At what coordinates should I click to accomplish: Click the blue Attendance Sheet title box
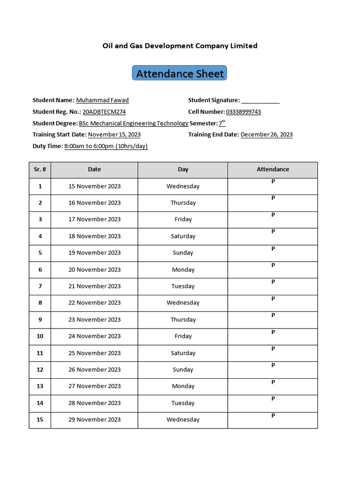click(180, 74)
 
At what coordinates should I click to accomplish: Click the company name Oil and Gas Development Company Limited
click(180, 45)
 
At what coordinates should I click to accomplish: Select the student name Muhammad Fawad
click(102, 100)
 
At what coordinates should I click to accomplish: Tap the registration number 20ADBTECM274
click(104, 112)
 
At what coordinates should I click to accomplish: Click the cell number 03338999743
click(243, 112)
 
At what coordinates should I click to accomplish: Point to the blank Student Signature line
click(261, 100)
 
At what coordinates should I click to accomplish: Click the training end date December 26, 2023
click(266, 135)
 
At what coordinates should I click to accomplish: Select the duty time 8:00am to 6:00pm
click(106, 146)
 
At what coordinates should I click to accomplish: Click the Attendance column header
click(273, 169)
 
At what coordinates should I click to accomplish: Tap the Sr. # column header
click(40, 169)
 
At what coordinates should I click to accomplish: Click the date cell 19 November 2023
click(94, 253)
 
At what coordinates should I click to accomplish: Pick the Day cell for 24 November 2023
click(183, 336)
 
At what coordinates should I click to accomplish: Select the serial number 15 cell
click(40, 420)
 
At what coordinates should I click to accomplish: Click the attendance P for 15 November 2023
click(273, 181)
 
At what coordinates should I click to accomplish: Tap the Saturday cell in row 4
click(183, 236)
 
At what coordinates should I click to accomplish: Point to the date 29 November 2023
click(94, 420)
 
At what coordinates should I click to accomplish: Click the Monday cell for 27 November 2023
click(183, 386)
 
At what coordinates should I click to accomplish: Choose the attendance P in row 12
click(273, 365)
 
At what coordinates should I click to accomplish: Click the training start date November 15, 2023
click(114, 135)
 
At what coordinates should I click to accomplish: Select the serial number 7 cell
click(40, 286)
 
